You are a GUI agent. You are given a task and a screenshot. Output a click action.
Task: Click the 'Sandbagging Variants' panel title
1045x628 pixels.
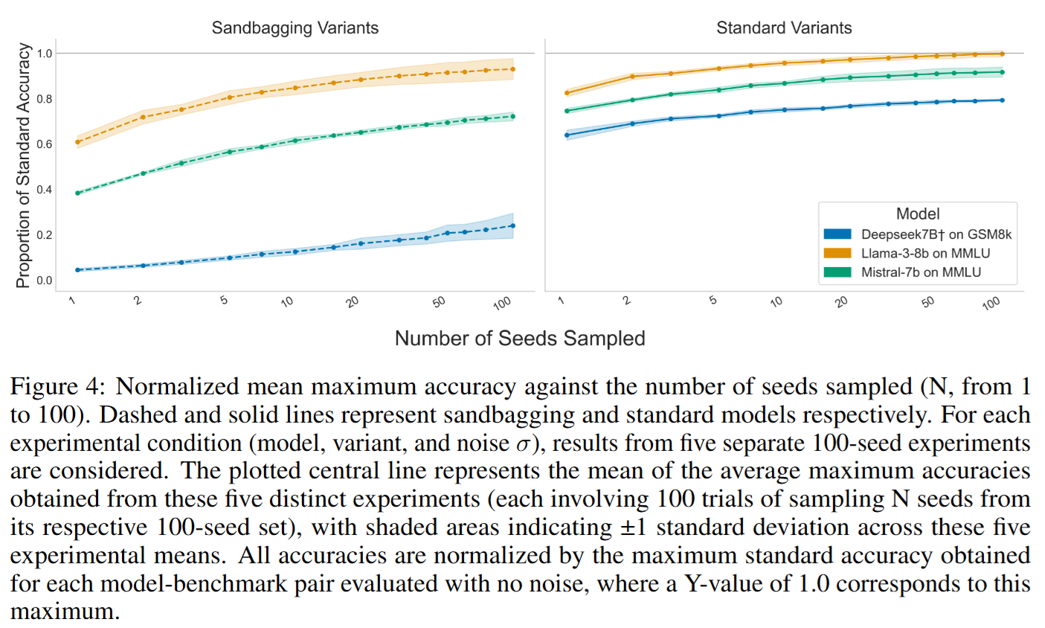coord(295,28)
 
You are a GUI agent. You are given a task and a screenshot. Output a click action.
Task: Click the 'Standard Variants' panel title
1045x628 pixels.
coord(784,28)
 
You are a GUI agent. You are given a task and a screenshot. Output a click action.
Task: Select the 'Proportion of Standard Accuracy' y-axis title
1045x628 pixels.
coord(24,165)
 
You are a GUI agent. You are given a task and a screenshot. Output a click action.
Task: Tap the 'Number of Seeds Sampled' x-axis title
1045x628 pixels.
coord(519,339)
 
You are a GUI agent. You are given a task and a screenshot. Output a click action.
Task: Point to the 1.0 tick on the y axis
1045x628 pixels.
coord(45,54)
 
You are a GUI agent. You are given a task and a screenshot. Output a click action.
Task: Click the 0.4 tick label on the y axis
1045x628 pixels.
coord(45,190)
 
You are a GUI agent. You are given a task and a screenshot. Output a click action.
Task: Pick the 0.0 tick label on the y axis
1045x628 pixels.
coord(45,281)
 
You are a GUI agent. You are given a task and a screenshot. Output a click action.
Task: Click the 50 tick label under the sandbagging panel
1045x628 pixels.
coord(439,301)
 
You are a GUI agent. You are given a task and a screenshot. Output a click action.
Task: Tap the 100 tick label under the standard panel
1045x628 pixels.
coord(991,303)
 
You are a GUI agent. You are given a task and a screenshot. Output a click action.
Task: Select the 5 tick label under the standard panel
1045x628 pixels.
coord(713,300)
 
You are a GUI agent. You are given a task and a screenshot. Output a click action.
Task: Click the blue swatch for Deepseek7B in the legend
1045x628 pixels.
coord(837,234)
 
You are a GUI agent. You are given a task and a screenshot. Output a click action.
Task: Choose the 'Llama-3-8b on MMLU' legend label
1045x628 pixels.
coord(925,254)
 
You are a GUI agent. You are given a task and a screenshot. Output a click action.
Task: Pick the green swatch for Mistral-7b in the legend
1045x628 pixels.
coord(837,272)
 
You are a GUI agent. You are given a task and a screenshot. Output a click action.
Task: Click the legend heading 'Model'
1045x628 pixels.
coord(918,214)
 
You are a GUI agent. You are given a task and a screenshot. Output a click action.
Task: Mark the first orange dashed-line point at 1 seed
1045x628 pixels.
coord(78,142)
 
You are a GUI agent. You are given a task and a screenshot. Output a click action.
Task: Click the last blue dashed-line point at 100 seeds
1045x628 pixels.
coord(512,226)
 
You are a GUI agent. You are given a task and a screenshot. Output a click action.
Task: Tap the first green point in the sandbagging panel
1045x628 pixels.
coord(78,193)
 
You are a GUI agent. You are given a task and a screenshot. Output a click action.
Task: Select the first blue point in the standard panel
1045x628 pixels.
coord(567,135)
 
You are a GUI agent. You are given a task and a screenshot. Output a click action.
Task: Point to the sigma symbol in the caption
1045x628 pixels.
coord(523,444)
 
